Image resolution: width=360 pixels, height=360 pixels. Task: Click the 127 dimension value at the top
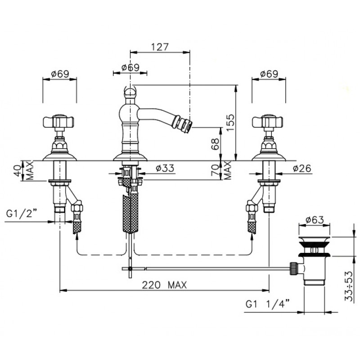[160, 47]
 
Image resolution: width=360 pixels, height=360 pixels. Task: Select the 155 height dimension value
[230, 122]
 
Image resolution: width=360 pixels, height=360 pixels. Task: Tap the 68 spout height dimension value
[216, 144]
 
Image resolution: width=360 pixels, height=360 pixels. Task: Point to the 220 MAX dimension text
[164, 285]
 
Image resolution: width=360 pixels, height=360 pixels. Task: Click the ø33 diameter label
[165, 168]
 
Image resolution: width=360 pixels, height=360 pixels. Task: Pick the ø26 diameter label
[302, 168]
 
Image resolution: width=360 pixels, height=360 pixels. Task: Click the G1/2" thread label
[22, 213]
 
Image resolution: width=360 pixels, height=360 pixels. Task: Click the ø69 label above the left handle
[60, 74]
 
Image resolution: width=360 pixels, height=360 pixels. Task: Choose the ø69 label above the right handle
[269, 74]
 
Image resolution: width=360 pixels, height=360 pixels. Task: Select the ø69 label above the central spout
[130, 67]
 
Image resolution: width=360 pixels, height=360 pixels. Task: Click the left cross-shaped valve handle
[58, 122]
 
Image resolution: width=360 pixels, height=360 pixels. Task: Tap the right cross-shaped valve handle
[267, 122]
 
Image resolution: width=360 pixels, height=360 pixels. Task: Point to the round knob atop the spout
[130, 92]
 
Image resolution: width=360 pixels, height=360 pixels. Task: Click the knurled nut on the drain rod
[295, 268]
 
